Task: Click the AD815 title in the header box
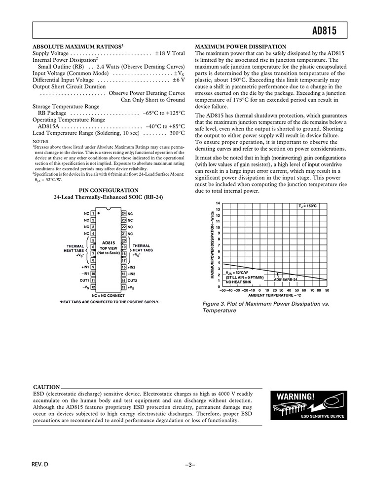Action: coord(324,31)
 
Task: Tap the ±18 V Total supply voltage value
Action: coord(170,53)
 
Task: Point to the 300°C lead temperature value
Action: coord(177,133)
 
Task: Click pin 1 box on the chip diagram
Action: coord(93,213)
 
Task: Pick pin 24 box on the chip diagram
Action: coord(124,213)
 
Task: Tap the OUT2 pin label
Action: coord(132,280)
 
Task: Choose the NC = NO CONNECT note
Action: coord(108,295)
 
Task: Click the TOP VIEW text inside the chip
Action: coord(108,248)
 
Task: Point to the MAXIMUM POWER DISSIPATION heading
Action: coord(241,46)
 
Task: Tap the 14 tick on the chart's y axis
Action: coord(218,203)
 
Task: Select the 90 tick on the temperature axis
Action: coord(327,290)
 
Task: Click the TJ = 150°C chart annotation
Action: coord(308,206)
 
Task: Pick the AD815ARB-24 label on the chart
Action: coord(286,279)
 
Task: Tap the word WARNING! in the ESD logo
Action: coord(295,397)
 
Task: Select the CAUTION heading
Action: coord(46,387)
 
